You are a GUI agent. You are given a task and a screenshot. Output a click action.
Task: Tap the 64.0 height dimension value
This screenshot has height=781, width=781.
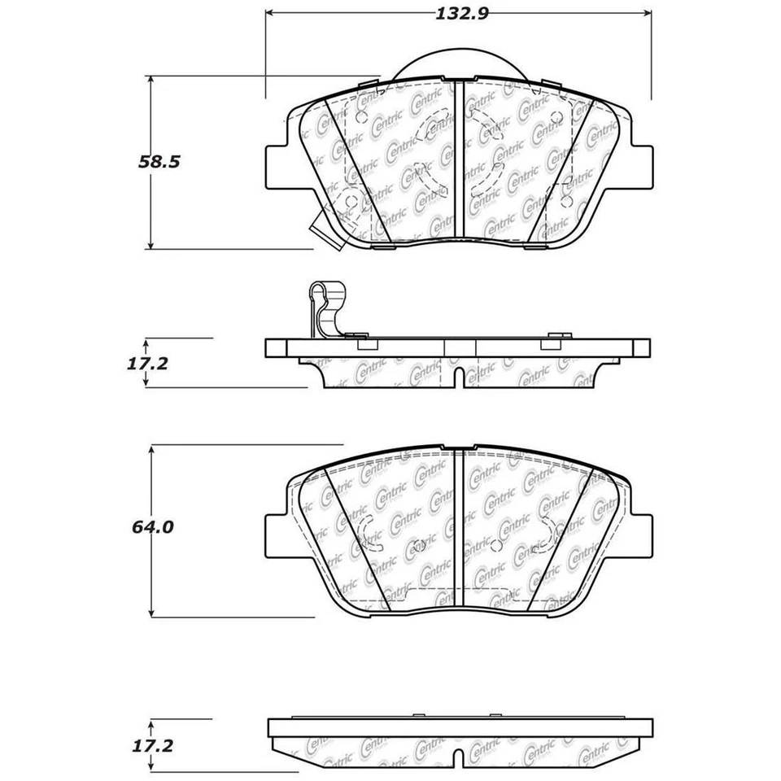152,527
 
